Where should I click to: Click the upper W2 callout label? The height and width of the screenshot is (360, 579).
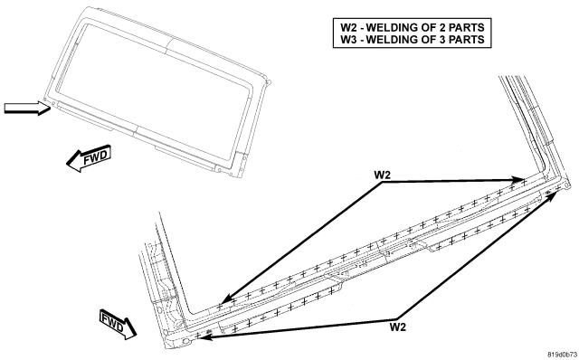[x=382, y=175]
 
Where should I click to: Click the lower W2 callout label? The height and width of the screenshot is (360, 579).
[x=398, y=327]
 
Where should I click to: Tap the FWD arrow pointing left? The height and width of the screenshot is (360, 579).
[x=89, y=157]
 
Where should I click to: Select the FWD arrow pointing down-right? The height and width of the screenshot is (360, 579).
[x=118, y=324]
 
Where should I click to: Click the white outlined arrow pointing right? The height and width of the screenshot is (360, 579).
[x=27, y=108]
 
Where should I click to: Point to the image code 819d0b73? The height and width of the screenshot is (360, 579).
[x=562, y=354]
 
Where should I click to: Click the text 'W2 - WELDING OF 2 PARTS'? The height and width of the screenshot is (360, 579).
[x=413, y=27]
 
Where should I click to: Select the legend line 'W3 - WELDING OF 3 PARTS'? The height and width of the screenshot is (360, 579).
[x=413, y=40]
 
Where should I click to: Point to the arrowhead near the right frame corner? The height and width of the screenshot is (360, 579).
[x=551, y=195]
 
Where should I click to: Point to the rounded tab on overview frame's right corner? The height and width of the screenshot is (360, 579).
[x=269, y=82]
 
